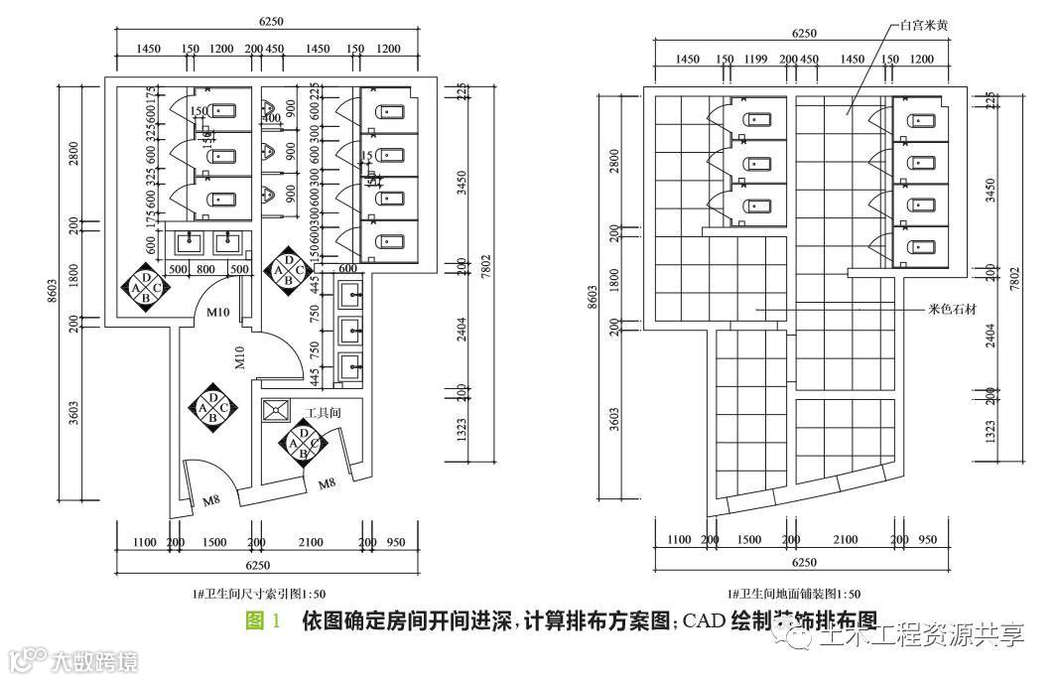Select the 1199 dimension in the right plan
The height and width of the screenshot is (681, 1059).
click(756, 60)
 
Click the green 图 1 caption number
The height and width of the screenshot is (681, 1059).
click(262, 621)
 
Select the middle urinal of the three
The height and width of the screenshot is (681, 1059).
click(266, 152)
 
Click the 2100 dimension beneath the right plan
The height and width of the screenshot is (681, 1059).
click(846, 539)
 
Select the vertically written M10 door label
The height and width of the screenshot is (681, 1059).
click(239, 357)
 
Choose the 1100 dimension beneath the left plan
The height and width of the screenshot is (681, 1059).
click(144, 542)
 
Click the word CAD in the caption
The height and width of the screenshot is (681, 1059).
click(704, 621)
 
